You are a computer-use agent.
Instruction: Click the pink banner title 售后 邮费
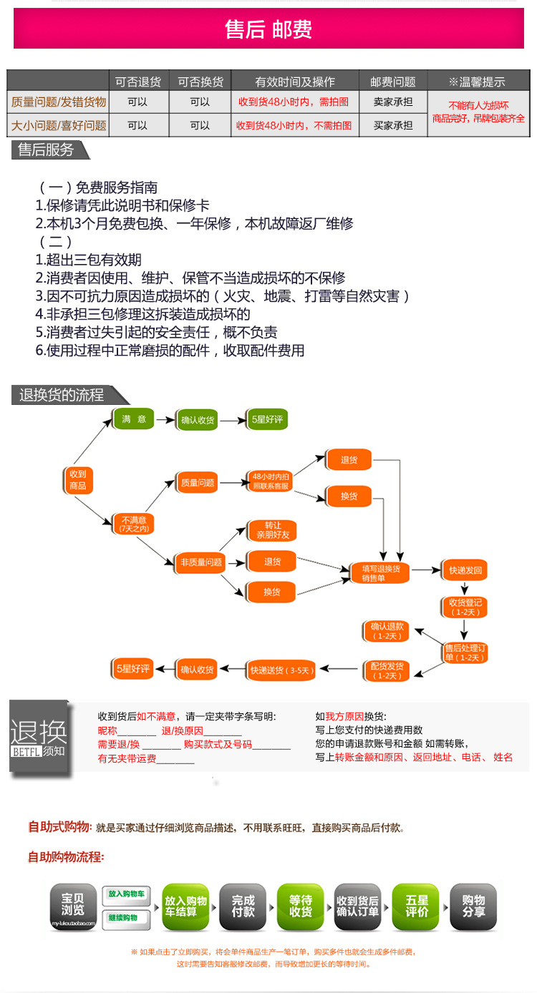[268, 29]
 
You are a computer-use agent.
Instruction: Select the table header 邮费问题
[393, 82]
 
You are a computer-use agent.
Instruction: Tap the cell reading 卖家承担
[393, 102]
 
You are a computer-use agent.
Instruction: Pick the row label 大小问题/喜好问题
[59, 125]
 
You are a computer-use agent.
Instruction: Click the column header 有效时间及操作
[294, 82]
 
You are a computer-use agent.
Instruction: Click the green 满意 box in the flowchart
[134, 419]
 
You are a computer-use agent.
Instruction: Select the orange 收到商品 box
[78, 479]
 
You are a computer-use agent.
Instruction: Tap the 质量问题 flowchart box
[197, 483]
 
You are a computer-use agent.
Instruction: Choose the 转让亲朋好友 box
[272, 530]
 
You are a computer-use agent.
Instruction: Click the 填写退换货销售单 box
[380, 572]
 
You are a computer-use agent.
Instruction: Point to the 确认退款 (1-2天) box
[387, 630]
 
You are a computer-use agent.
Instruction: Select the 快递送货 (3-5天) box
[281, 670]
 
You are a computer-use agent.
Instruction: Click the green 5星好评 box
[266, 420]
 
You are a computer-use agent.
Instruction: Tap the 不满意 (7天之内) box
[134, 524]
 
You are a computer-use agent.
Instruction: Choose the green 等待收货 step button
[301, 906]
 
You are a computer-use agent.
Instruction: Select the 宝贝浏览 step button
[72, 906]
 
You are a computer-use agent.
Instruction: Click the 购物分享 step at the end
[473, 906]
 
